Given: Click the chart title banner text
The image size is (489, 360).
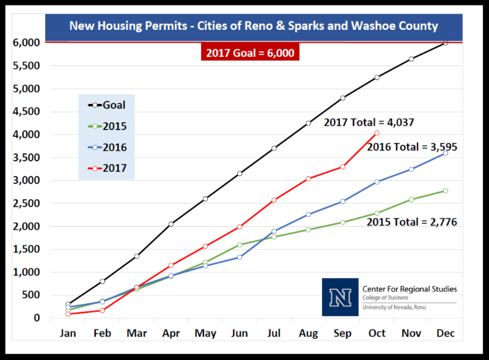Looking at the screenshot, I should point(253,26).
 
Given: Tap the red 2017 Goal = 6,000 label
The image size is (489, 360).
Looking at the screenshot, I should point(250,53).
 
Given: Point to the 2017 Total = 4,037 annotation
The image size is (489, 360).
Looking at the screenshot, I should point(369,122).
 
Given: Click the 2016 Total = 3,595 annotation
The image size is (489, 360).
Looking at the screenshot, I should point(412,147).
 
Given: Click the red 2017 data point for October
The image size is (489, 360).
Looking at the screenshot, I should point(377,133).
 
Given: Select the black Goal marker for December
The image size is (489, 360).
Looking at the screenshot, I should point(446,43).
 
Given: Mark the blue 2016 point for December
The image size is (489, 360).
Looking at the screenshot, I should point(446,153).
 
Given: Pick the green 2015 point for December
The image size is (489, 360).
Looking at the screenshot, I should point(446,191).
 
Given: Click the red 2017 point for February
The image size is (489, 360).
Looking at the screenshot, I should point(102,310).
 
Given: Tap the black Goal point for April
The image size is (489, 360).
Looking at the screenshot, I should point(171,224).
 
